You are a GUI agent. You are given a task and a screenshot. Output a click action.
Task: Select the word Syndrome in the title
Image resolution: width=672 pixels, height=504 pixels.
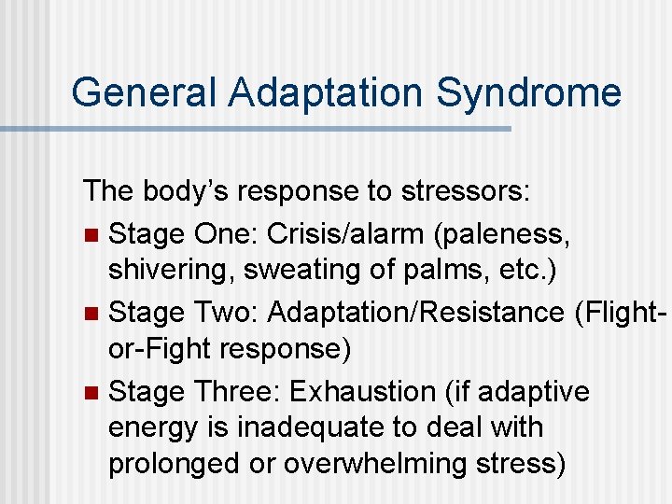529,93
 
